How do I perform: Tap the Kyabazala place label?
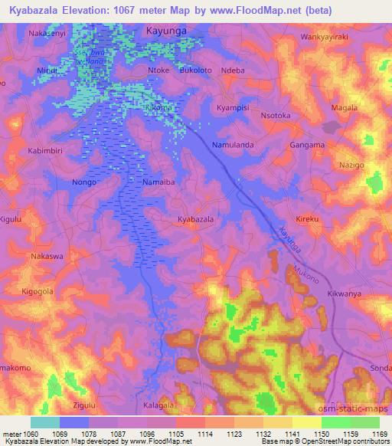pyautogui.click(x=195, y=219)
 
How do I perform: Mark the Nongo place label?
pyautogui.click(x=83, y=182)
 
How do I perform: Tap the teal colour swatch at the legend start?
pyautogui.click(x=45, y=422)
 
